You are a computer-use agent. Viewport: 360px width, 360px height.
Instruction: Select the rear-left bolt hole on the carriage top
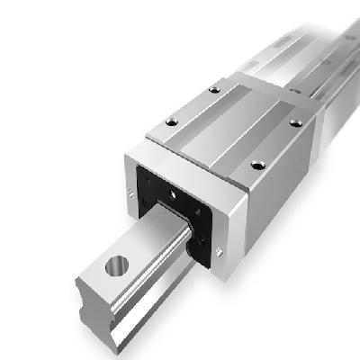click(214, 88)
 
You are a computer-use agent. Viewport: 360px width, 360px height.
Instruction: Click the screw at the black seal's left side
click(141, 184)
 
